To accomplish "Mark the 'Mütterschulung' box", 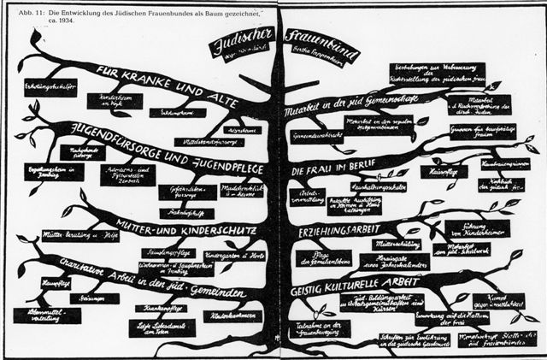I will [x=391, y=244].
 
